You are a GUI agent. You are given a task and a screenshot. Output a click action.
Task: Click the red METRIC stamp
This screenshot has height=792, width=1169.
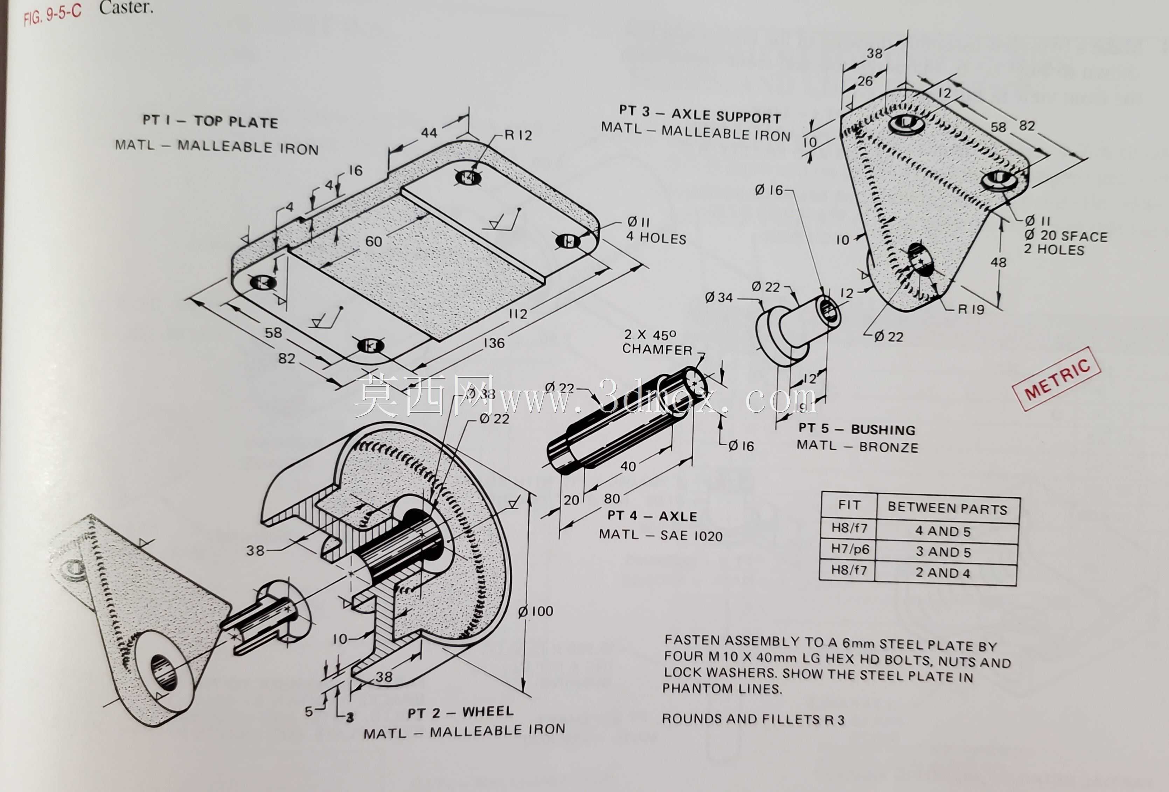[1057, 378]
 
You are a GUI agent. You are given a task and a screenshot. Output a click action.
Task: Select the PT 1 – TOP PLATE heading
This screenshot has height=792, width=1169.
[210, 121]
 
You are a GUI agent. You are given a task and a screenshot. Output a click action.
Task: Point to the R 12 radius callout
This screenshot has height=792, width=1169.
[518, 135]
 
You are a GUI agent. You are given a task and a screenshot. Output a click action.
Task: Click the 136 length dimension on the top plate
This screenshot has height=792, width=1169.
[494, 343]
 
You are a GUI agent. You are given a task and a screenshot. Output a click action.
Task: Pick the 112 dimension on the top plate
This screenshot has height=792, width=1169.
[518, 314]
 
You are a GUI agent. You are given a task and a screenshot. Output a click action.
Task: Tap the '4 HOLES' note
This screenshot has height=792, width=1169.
[656, 238]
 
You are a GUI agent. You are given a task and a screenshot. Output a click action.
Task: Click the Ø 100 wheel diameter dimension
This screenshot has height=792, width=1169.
[536, 611]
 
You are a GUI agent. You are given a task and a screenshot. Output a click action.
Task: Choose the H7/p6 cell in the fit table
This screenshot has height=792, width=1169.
[850, 549]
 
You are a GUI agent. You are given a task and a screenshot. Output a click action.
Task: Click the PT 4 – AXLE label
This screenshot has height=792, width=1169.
[652, 516]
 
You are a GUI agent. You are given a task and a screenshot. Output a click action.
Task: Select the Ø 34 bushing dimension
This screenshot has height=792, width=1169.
[719, 298]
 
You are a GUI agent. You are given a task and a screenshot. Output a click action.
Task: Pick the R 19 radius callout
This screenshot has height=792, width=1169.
[971, 309]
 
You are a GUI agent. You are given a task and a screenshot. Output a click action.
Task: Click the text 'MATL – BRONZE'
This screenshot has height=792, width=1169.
[857, 446]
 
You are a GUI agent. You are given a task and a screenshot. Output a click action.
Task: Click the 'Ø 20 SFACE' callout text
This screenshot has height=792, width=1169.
[1066, 236]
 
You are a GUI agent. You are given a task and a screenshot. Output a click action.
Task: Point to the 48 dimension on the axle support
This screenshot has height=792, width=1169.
[998, 262]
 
